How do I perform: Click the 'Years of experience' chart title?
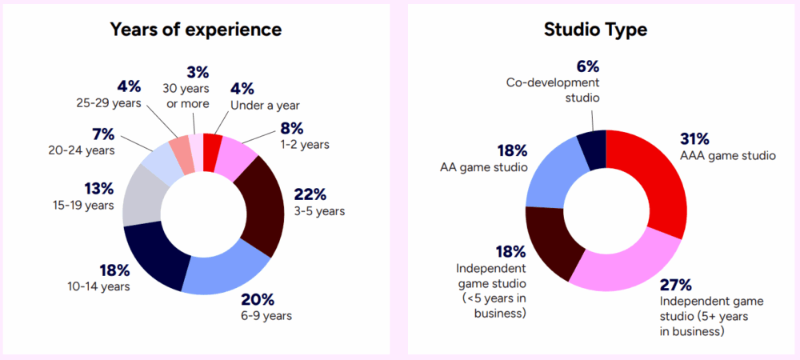pos(195,30)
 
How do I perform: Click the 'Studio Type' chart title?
pos(595,30)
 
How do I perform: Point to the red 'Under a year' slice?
pos(212,142)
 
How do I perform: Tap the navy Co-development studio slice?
pos(593,149)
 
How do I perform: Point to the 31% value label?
pos(695,138)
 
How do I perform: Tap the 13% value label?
pos(100,190)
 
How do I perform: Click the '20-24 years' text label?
pos(81,150)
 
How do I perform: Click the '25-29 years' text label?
pos(109,102)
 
